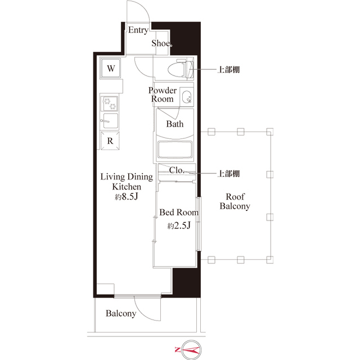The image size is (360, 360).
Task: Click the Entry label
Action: [138, 30]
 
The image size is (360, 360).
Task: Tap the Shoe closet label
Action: [161, 44]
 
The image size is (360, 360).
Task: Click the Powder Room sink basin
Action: [186, 97]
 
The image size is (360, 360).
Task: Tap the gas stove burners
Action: [109, 103]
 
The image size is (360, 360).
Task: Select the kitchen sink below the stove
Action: [109, 120]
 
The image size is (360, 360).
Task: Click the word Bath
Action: [174, 124]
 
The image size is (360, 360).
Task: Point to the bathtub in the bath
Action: [175, 150]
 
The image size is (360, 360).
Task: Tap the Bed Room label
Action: [179, 213]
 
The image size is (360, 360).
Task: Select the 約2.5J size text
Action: [179, 226]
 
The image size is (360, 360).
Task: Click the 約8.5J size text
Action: [126, 197]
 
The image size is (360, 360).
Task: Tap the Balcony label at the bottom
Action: [121, 314]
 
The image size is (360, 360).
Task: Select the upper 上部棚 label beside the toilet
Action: [229, 70]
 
